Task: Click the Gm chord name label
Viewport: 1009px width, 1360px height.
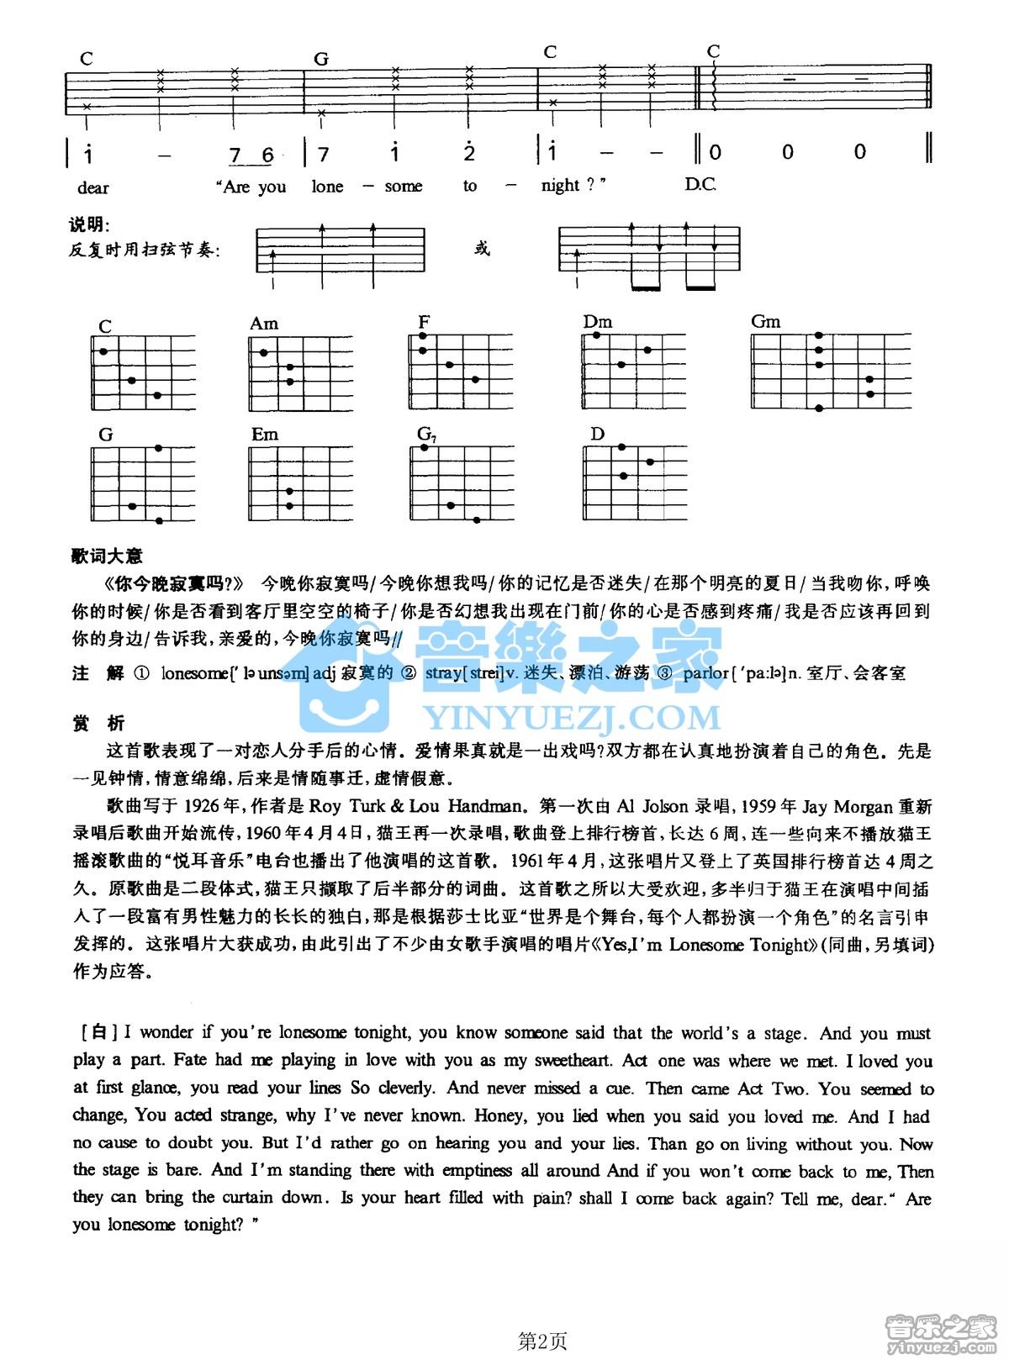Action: (x=765, y=322)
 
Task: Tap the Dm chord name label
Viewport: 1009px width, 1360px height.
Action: (x=598, y=322)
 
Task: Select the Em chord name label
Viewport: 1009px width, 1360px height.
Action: (x=265, y=435)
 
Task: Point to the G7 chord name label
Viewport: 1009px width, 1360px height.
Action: (x=426, y=435)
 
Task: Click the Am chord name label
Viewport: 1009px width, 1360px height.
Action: (x=264, y=324)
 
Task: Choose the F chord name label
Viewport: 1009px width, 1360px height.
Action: (x=424, y=322)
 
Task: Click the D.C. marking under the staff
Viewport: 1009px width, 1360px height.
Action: (x=700, y=184)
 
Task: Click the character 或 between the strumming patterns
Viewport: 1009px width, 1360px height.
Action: (x=482, y=249)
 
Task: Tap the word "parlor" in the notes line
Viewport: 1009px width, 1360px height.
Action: (x=705, y=673)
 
